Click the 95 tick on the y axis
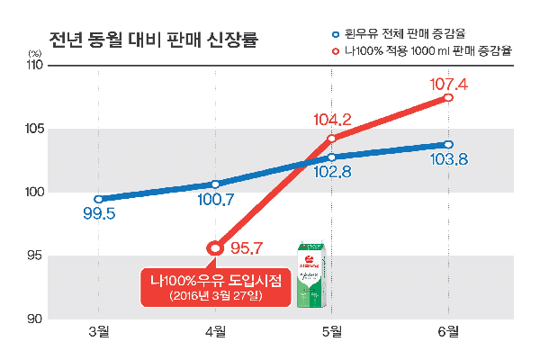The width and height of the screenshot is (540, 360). (x=34, y=256)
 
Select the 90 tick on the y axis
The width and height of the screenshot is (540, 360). (x=34, y=319)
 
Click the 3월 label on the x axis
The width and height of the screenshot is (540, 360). (x=99, y=333)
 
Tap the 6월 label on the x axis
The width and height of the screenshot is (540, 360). (x=448, y=333)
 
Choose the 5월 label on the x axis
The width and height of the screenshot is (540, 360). (x=332, y=333)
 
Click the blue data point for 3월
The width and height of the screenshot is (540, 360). (x=98, y=199)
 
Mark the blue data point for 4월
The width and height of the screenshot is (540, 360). (x=215, y=184)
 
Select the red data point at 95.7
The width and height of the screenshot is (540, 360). (x=215, y=247)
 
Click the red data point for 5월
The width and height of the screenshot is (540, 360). (x=332, y=139)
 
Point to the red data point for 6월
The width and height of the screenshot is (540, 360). (x=448, y=97)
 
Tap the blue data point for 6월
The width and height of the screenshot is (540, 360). (x=448, y=144)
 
